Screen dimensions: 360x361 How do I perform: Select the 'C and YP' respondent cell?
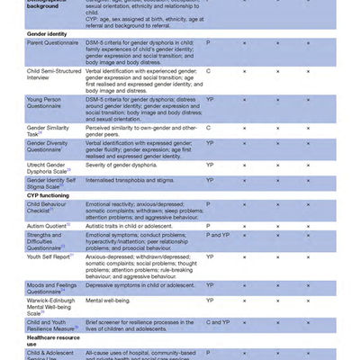point(218,321)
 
